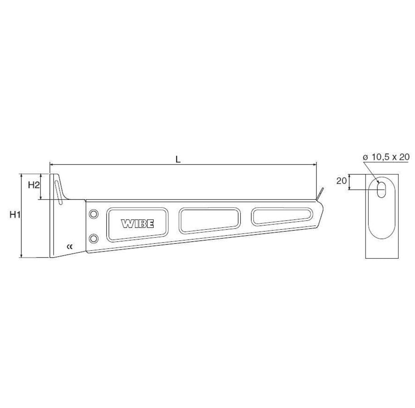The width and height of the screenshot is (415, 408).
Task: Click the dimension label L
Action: click(178, 159)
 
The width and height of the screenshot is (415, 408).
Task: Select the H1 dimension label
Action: click(15, 214)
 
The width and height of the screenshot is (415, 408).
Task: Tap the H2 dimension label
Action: click(34, 185)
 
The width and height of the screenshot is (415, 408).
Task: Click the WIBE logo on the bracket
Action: click(137, 224)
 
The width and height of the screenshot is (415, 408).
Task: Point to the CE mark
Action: click(69, 247)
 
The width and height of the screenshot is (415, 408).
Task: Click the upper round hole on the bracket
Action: click(93, 214)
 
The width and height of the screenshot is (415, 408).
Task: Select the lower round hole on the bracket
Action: click(93, 238)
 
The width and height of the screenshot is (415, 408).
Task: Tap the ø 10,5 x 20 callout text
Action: click(386, 157)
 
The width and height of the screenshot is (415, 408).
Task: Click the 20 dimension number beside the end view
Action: click(342, 181)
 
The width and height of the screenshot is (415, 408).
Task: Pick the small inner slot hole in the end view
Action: click(381, 189)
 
